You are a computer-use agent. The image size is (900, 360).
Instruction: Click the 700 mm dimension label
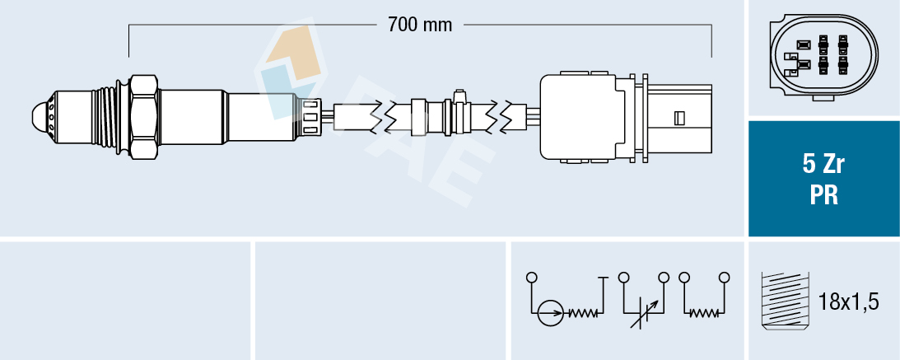tap(419, 25)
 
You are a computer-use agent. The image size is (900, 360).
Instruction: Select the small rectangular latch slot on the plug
tap(679, 118)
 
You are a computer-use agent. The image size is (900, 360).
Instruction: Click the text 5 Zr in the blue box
tap(823, 165)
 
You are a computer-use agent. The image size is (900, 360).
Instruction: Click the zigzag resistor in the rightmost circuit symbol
tap(703, 313)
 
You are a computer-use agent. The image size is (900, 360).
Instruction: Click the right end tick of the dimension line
tap(711, 41)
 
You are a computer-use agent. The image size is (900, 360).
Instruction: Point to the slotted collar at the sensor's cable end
tap(310, 116)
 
